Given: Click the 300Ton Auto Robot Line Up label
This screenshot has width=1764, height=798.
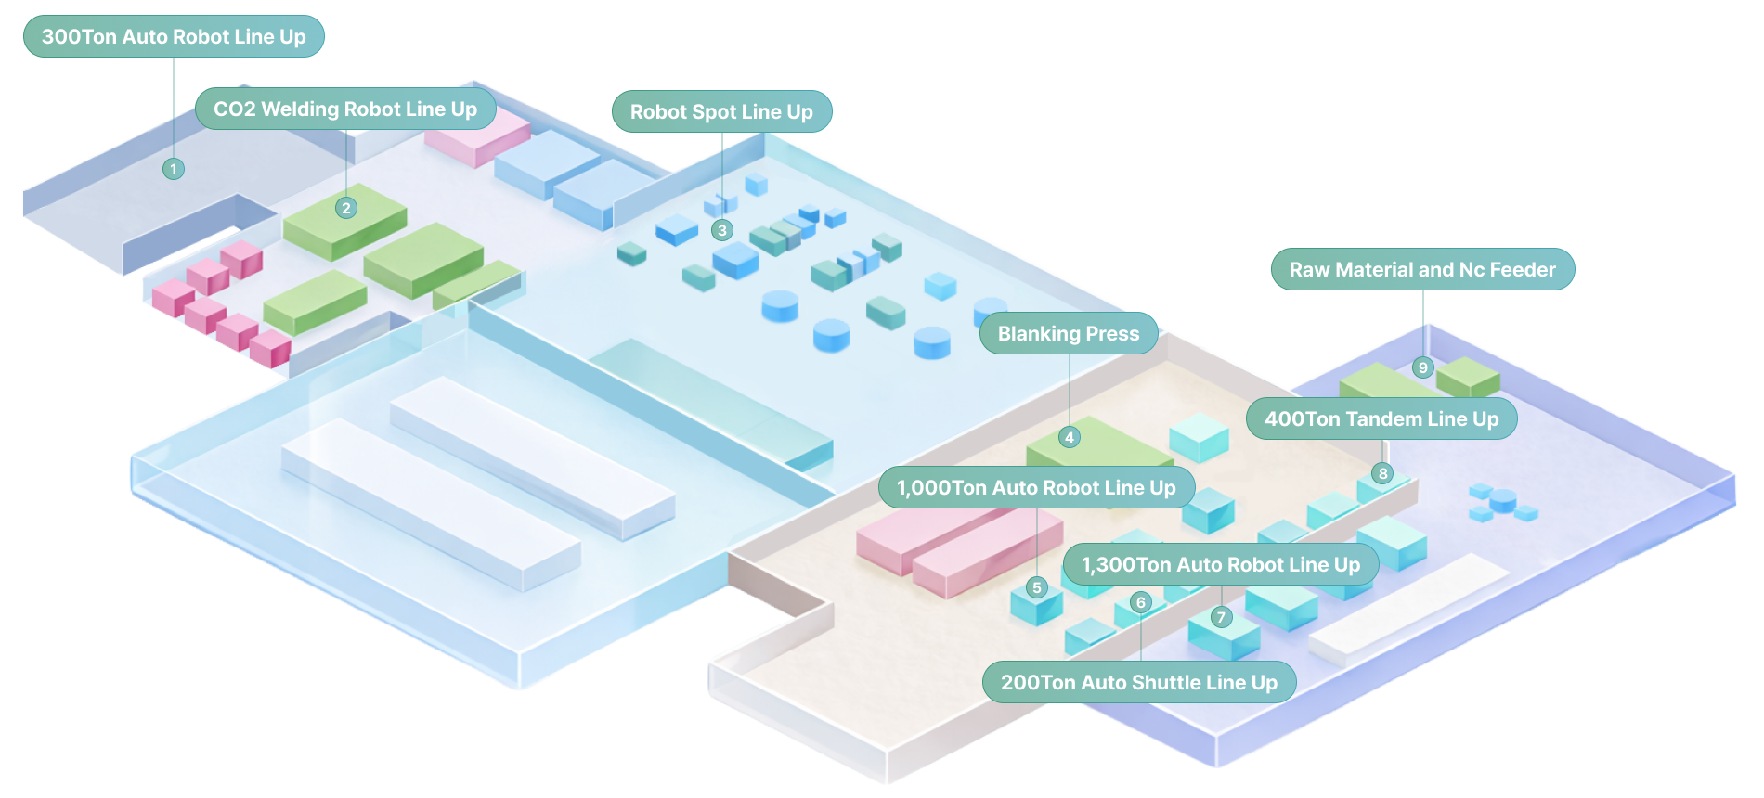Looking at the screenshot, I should [x=174, y=37].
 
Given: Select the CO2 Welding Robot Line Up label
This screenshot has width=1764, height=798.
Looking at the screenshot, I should [x=345, y=109].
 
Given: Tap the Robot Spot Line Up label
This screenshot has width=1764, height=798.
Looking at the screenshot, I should [x=721, y=112].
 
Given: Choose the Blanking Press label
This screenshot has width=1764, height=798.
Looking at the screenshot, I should [x=1069, y=334].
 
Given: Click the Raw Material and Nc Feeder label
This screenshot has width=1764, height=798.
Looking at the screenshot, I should [x=1422, y=270].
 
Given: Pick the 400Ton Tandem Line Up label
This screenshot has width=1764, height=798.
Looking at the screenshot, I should [x=1381, y=419].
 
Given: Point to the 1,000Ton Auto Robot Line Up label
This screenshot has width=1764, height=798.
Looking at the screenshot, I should [x=1036, y=488].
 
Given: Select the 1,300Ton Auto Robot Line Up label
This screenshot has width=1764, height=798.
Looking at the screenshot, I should [x=1221, y=565].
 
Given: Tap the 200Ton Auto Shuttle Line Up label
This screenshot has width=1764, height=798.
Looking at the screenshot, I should [x=1139, y=683].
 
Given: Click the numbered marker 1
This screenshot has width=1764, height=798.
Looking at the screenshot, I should [x=174, y=169].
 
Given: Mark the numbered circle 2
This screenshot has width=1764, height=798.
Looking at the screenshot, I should [x=346, y=208].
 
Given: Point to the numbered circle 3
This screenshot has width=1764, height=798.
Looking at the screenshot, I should [x=722, y=230].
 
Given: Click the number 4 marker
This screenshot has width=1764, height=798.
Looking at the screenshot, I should [x=1070, y=437].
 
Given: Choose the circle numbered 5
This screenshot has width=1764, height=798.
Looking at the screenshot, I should [x=1037, y=587].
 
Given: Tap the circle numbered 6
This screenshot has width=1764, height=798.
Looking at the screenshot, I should [x=1141, y=602].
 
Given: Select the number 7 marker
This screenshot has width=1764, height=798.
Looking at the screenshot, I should [x=1221, y=617].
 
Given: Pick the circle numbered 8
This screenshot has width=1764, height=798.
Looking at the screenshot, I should [x=1383, y=473].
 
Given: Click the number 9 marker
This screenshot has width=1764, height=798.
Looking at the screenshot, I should [x=1423, y=367].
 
